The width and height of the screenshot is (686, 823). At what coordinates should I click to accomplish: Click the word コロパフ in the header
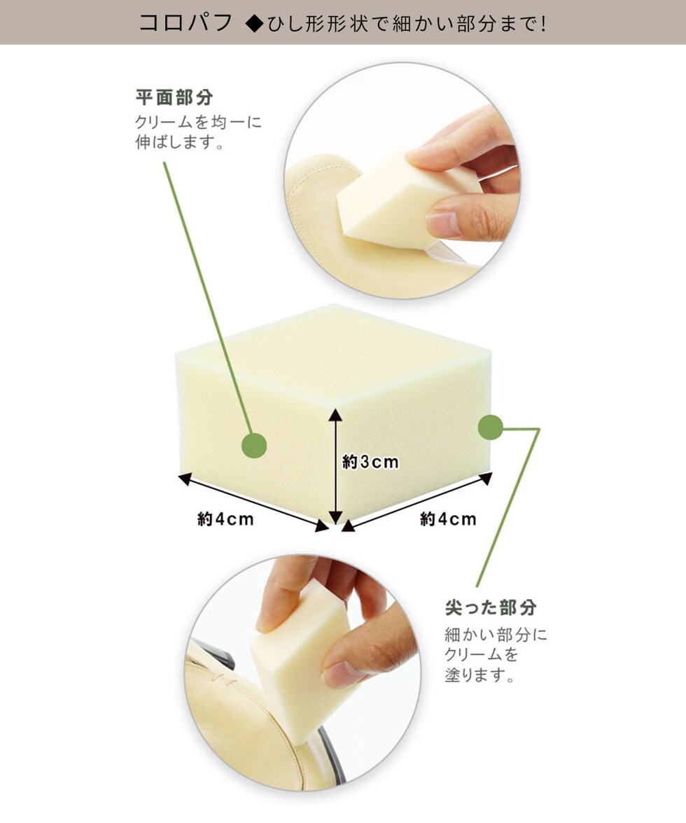185,23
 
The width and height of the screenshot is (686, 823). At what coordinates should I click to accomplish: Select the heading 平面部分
174,98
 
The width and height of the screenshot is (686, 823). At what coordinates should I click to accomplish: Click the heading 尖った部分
491,607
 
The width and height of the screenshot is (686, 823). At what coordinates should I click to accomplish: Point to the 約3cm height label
370,462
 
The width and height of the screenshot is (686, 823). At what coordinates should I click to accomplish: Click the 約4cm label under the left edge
225,519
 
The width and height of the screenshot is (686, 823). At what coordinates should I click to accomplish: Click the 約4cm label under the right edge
448,519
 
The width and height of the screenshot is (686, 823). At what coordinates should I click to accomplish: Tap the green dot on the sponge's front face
254,446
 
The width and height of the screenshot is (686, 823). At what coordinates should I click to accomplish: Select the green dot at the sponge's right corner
491,428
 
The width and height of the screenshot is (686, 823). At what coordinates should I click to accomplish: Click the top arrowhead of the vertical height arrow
335,414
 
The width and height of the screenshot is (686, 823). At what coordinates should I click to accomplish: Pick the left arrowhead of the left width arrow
185,478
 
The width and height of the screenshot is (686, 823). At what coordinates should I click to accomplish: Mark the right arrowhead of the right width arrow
486,477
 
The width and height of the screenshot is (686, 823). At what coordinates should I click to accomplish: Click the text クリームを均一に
198,122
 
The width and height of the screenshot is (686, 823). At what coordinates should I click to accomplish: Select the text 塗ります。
479,675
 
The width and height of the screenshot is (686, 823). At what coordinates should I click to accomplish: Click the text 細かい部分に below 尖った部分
496,635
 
